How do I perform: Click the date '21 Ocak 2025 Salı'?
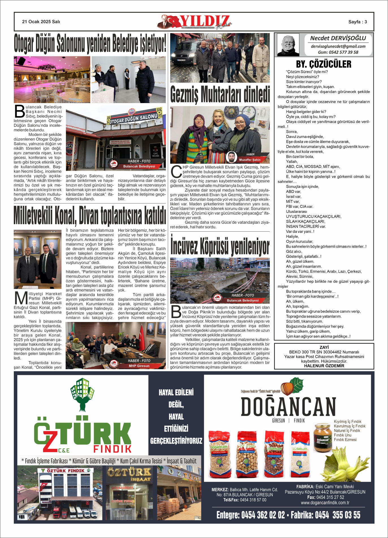tap(41, 22)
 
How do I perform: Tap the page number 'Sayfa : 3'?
tap(357, 22)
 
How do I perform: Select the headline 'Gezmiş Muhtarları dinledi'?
tap(220, 95)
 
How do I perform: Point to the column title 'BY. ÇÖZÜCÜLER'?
tap(324, 64)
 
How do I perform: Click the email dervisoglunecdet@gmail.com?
tap(338, 46)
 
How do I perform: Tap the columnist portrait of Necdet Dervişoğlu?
tap(288, 45)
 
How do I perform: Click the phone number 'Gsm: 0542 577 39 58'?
tap(338, 52)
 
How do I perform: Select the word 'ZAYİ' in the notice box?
tap(324, 347)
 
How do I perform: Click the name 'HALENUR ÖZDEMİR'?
tap(324, 366)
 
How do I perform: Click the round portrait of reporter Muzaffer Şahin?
tap(231, 157)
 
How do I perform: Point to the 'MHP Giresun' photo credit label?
tap(139, 366)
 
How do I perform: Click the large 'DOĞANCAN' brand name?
tap(288, 407)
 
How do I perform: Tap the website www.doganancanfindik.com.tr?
tap(325, 503)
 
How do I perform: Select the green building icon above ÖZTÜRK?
tap(82, 394)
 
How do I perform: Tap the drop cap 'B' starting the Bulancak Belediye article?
tap(20, 111)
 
